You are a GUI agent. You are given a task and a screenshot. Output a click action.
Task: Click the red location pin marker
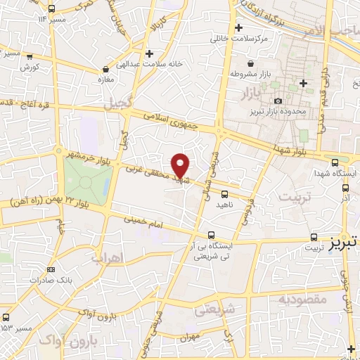(x=181, y=165)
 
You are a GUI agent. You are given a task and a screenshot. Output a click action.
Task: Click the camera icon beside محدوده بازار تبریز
(x=278, y=101)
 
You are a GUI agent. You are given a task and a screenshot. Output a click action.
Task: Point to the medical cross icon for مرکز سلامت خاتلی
(x=240, y=28)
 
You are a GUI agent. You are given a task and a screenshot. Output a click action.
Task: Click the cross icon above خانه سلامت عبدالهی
(x=148, y=53)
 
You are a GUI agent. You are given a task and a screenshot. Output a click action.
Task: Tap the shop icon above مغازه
(x=105, y=70)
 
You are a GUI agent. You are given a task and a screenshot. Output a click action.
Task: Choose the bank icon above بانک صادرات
(x=51, y=269)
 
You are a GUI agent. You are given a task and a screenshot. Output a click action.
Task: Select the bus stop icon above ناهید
(x=224, y=193)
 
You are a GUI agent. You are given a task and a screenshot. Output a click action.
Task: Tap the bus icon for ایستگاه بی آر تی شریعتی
(x=212, y=236)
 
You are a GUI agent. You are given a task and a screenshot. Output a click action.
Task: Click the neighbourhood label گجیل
(x=117, y=105)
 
